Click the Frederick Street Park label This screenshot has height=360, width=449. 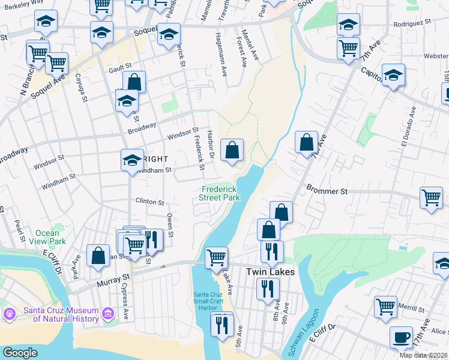[219, 193]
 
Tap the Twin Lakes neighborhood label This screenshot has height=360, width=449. [271, 272]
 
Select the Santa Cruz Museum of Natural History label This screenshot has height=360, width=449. [60, 314]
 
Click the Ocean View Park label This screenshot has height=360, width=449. [47, 237]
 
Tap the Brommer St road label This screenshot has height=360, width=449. [327, 192]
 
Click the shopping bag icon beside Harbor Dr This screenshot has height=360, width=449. [232, 149]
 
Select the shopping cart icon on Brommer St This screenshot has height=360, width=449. [432, 197]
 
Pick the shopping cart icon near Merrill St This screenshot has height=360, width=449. [385, 306]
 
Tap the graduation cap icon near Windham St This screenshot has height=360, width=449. [132, 160]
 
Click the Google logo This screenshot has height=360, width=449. [20, 353]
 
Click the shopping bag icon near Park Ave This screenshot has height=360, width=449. [97, 255]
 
